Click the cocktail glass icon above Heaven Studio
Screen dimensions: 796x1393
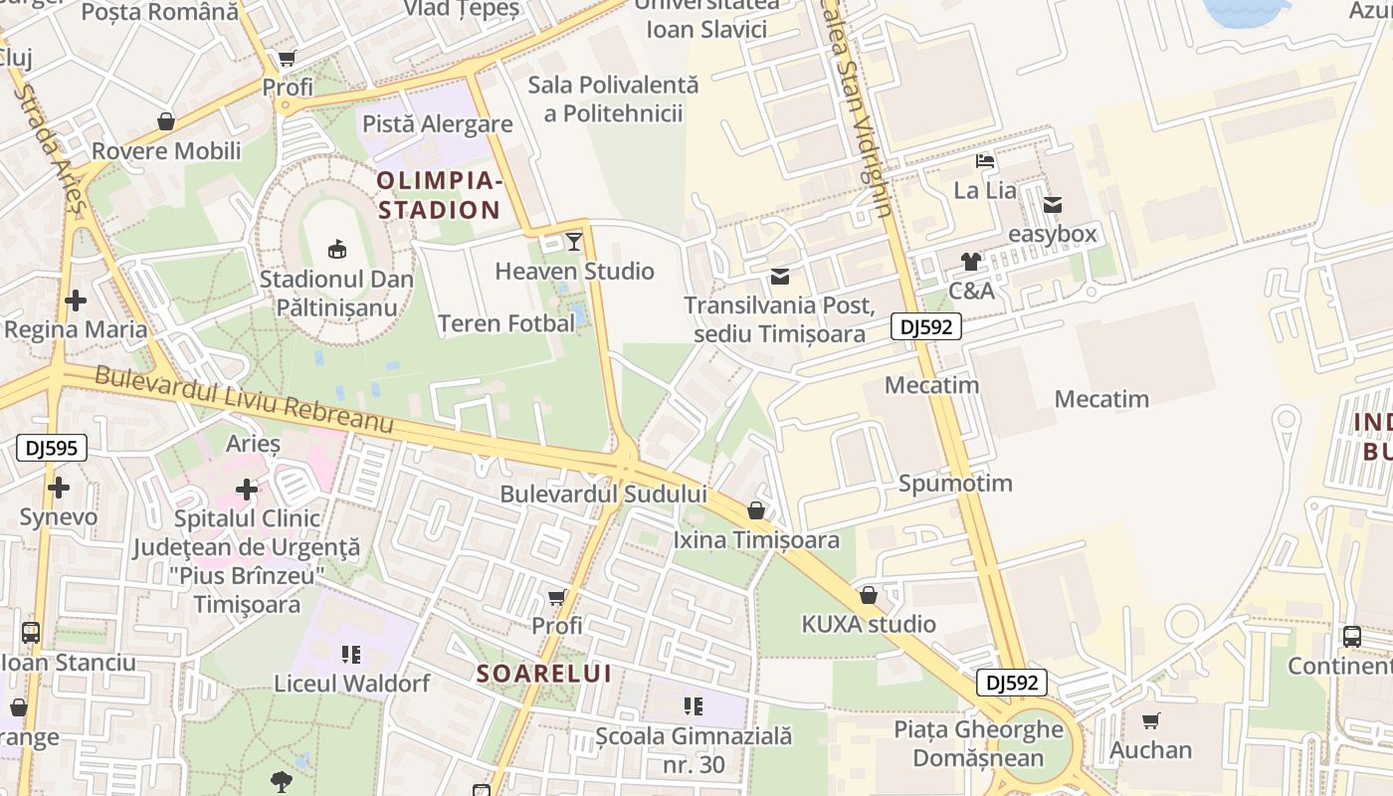pyautogui.click(x=574, y=241)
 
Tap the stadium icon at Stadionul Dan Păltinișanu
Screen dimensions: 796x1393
pyautogui.click(x=336, y=248)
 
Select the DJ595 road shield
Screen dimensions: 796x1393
pyautogui.click(x=52, y=449)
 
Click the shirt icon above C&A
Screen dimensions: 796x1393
pyautogui.click(x=971, y=262)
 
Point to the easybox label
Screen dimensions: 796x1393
pyautogui.click(x=1052, y=234)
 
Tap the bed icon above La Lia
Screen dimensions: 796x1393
pyautogui.click(x=985, y=160)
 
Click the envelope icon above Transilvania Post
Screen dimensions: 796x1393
pyautogui.click(x=780, y=276)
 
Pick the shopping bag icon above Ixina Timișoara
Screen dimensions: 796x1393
pyautogui.click(x=756, y=510)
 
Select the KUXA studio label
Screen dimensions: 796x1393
pyautogui.click(x=869, y=624)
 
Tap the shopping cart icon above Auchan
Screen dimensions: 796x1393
pyautogui.click(x=1151, y=720)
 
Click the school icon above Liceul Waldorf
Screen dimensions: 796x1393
pyautogui.click(x=351, y=654)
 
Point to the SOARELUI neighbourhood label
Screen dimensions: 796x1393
pyautogui.click(x=543, y=674)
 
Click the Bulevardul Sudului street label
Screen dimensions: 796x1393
pyautogui.click(x=603, y=494)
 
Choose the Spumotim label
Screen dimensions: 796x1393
pyautogui.click(x=955, y=484)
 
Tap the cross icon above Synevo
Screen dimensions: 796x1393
pyautogui.click(x=59, y=488)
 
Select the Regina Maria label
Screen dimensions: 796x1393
pyautogui.click(x=76, y=329)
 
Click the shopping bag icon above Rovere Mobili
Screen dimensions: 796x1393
pyautogui.click(x=166, y=121)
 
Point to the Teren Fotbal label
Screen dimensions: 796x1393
pyautogui.click(x=506, y=323)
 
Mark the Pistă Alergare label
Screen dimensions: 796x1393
pyautogui.click(x=438, y=124)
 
